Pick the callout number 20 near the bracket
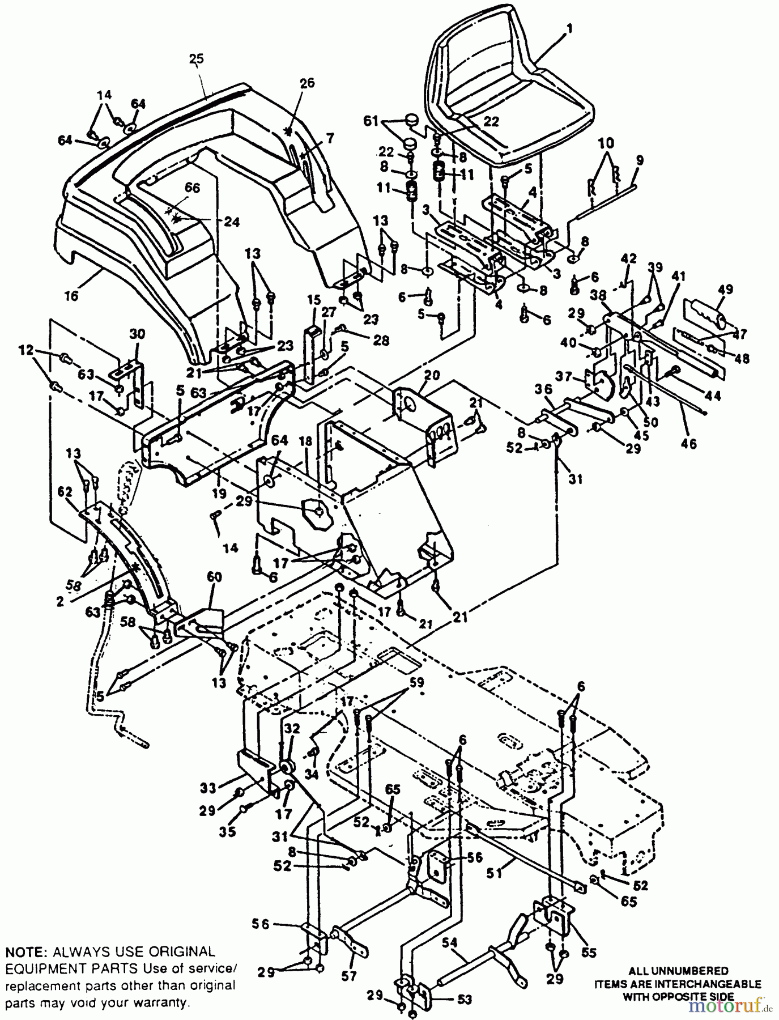click(432, 375)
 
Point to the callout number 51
click(495, 874)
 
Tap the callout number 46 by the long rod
click(688, 443)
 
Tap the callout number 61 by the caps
click(371, 121)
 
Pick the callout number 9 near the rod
click(640, 160)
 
